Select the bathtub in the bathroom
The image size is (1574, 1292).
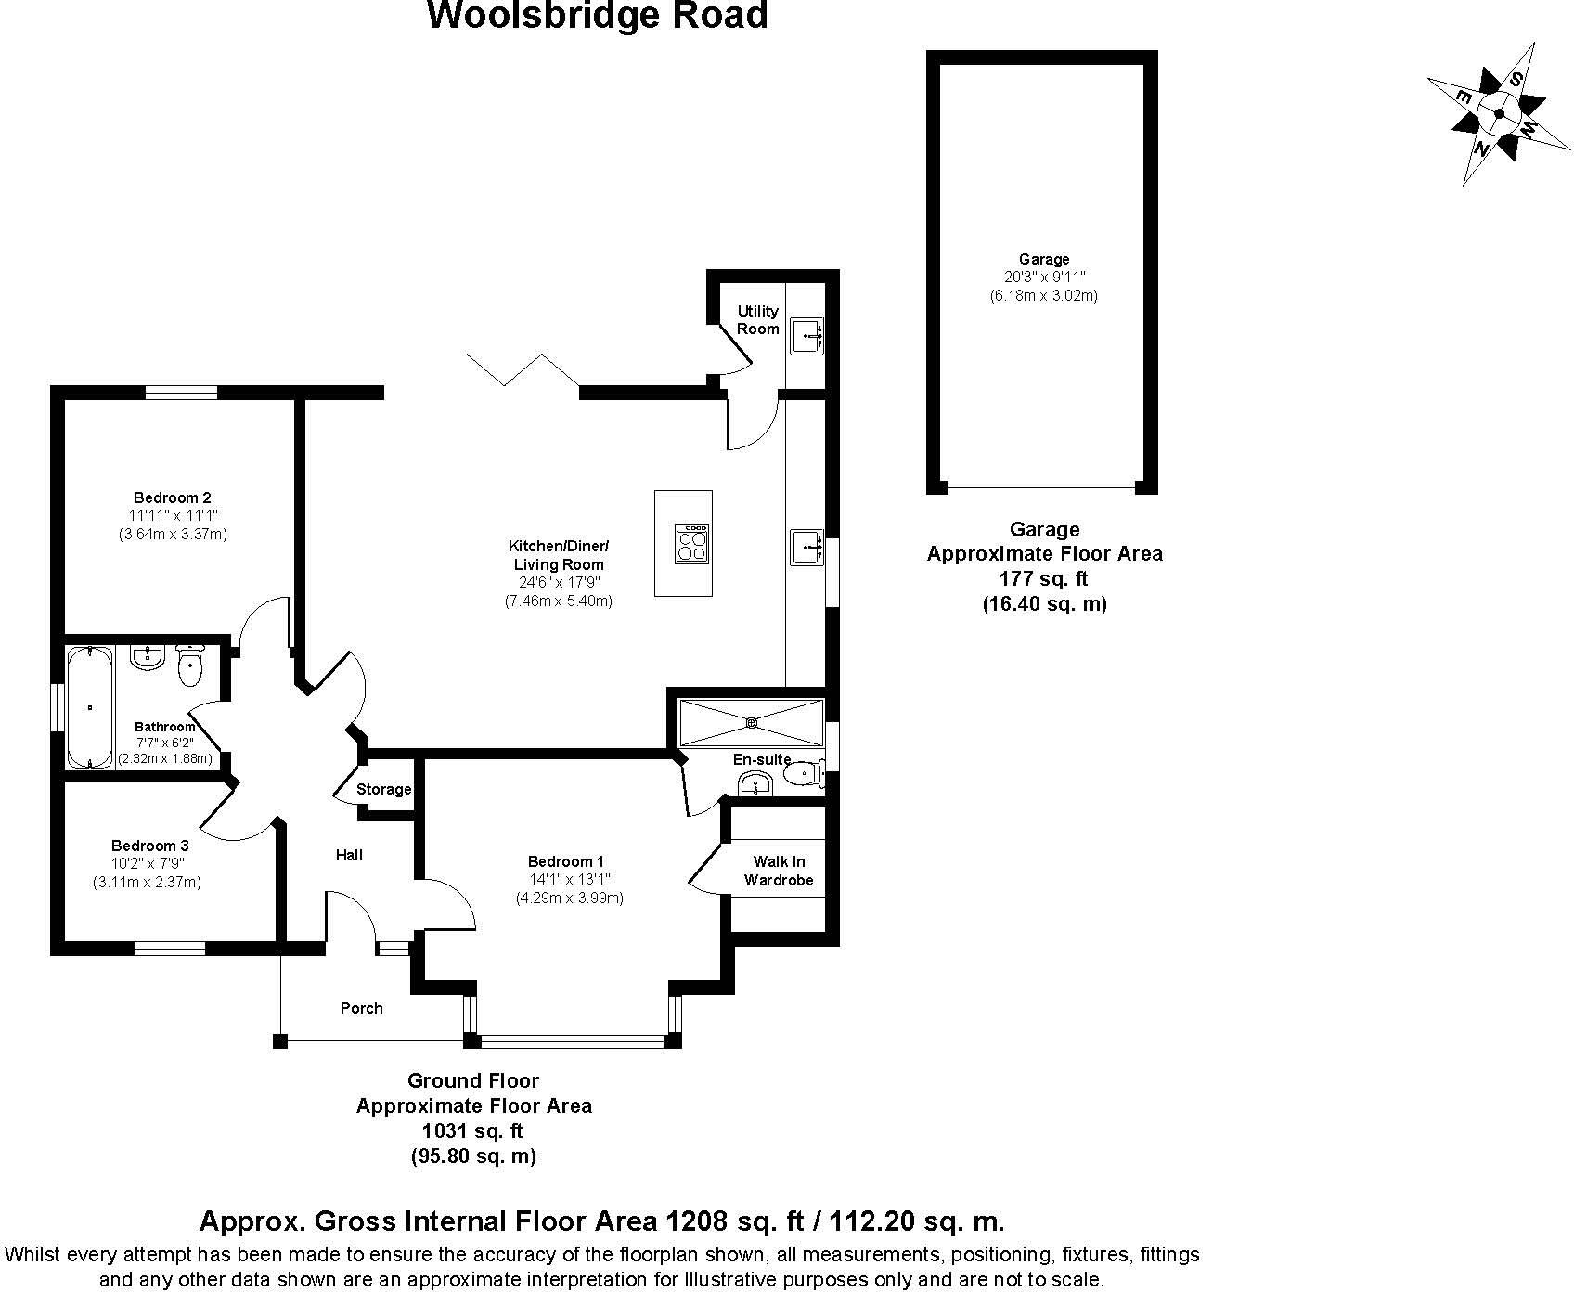click(89, 707)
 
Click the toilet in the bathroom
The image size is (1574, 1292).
click(190, 666)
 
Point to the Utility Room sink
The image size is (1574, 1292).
click(806, 336)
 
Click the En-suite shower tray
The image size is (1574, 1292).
click(751, 721)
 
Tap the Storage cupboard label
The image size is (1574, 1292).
click(383, 789)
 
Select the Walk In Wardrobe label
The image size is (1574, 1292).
click(778, 871)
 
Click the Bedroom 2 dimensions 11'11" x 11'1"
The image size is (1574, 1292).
click(173, 515)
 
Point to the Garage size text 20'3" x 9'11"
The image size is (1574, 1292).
click(1044, 277)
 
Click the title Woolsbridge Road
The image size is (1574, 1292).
click(597, 16)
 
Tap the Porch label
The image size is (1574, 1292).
click(361, 1008)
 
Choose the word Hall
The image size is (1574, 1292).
click(349, 855)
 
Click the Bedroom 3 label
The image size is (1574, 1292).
click(150, 846)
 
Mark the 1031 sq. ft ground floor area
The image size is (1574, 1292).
click(473, 1131)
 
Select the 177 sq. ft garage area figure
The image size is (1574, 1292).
click(1044, 578)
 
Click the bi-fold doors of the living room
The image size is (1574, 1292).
click(524, 368)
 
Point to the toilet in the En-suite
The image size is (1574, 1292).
click(802, 772)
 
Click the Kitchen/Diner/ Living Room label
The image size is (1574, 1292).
click(557, 555)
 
